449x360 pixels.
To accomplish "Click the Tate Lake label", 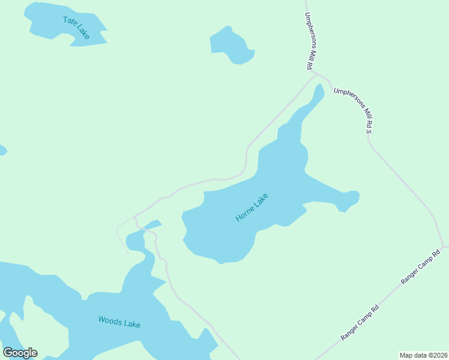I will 76,28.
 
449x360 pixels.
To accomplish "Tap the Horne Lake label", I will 252,207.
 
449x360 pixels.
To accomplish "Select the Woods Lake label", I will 119,322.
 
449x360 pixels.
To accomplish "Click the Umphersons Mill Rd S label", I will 354,109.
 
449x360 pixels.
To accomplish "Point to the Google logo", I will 20,353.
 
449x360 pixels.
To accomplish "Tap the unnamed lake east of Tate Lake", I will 232,46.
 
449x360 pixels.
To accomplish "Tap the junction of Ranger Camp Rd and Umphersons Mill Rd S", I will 443,247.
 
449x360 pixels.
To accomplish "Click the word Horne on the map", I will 245,212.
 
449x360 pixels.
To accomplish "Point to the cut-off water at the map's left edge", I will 2,149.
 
